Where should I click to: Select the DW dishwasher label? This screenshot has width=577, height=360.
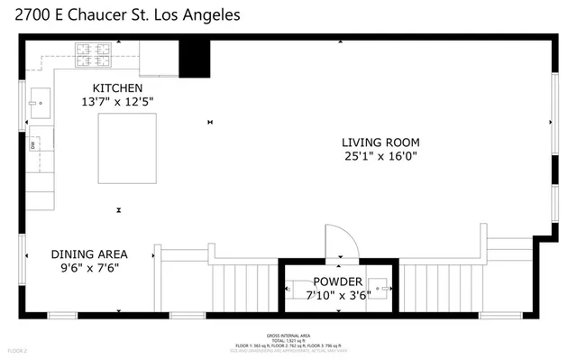[x=32, y=144]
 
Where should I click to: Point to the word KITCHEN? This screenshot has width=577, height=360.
[x=118, y=88]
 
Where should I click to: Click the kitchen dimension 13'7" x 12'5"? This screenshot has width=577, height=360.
[x=118, y=102]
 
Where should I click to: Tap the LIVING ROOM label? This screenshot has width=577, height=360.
[x=380, y=142]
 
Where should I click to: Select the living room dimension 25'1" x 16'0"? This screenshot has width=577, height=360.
[x=380, y=156]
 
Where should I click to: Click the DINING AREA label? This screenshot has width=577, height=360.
[x=88, y=254]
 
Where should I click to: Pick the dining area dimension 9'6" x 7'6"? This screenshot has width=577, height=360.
[x=88, y=268]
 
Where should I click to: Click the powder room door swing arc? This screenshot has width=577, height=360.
[x=343, y=241]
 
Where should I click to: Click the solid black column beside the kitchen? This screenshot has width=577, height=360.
[x=193, y=60]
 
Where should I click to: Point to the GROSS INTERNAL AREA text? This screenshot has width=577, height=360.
[x=288, y=333]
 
